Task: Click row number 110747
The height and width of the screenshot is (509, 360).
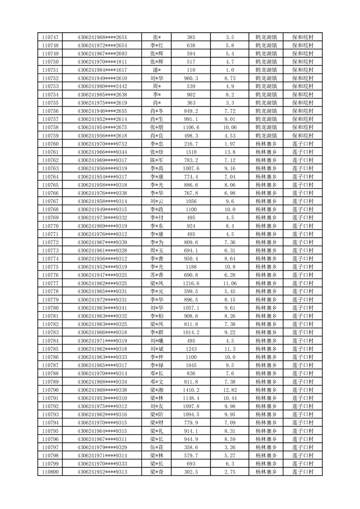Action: click(x=50, y=37)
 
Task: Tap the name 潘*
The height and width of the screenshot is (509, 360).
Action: click(x=157, y=70)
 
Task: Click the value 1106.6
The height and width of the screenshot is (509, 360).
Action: click(x=191, y=127)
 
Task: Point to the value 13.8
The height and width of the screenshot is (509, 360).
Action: click(x=229, y=152)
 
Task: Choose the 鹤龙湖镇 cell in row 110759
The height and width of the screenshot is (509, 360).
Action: click(x=266, y=136)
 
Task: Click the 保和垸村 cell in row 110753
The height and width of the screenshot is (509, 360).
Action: click(x=303, y=86)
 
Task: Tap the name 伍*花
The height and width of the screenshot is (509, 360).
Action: click(x=157, y=447)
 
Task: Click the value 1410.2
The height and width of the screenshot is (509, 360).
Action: click(x=191, y=390)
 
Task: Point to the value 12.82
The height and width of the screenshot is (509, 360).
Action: click(x=229, y=390)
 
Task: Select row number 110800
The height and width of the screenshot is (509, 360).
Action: click(x=50, y=472)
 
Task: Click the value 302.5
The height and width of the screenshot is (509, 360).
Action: click(x=191, y=472)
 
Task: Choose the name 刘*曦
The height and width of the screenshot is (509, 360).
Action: click(x=157, y=341)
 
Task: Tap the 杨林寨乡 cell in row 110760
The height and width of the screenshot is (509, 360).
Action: click(x=266, y=144)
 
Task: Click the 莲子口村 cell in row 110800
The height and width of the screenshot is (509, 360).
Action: click(x=303, y=472)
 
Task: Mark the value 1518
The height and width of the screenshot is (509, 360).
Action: click(x=191, y=152)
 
